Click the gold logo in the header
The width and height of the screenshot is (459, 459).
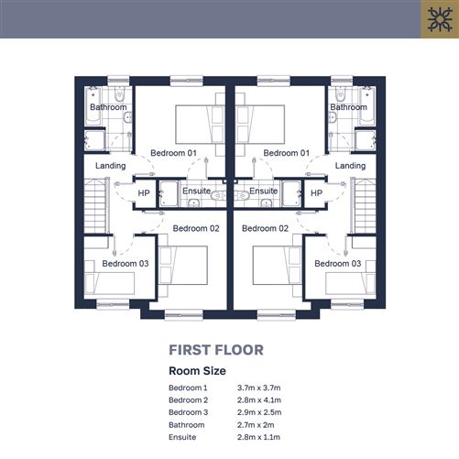pos(440,19)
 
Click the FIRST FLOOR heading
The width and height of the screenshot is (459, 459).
pos(216,350)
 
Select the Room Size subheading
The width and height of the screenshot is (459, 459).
pos(197,371)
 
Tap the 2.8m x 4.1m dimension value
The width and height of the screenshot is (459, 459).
pos(259,399)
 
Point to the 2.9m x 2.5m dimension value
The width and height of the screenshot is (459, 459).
pos(259,412)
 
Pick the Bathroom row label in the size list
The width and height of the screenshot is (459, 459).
pos(187,425)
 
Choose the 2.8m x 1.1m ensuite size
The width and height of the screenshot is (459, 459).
pos(258,437)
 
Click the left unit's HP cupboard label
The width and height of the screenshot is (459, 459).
pos(144,193)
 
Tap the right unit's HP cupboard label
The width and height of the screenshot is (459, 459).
pos(316,193)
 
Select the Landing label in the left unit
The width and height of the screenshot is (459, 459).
pos(111,166)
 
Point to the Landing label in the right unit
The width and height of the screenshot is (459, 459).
pos(350,166)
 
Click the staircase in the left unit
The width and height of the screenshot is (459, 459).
pos(95,206)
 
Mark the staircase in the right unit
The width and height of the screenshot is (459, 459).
pos(365,206)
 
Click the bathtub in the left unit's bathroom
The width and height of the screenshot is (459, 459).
pos(93,106)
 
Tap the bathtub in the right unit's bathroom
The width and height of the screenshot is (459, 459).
pos(367,106)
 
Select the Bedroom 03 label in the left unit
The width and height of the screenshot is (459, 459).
pos(126,264)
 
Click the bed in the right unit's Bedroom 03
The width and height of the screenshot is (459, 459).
pos(351,283)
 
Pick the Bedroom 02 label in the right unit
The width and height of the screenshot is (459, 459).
pos(265,228)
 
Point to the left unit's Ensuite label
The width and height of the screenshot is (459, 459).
pos(197,191)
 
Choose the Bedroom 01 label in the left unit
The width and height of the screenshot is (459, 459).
pos(173,153)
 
